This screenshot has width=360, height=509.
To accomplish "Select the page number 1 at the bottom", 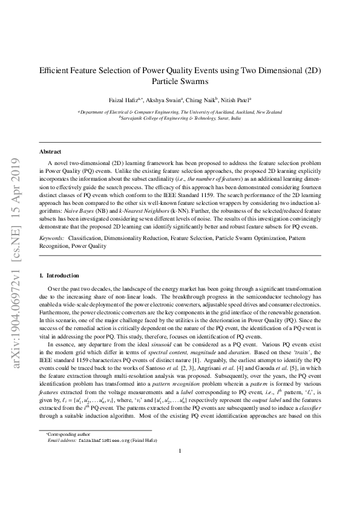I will pos(180,484).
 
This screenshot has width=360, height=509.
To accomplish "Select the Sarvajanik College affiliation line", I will pos(180,118).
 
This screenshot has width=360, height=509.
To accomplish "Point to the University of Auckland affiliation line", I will pos(180,112).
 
